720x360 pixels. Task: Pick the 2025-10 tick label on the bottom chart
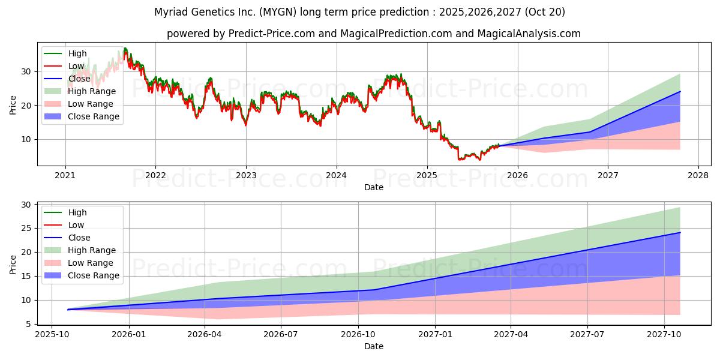click(52, 334)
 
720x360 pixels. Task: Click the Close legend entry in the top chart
click(79, 79)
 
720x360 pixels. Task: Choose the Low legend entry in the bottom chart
click(76, 225)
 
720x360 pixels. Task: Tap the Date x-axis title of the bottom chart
click(373, 346)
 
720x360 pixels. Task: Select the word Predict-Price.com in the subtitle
click(272, 34)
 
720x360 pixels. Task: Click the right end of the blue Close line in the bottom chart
click(680, 232)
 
